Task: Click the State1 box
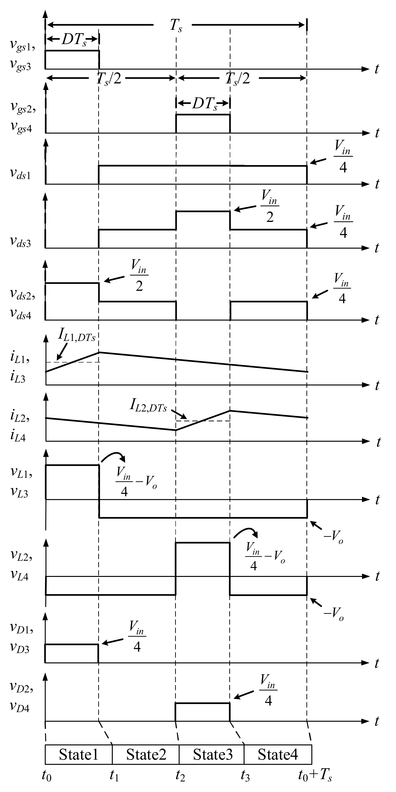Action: coord(79,755)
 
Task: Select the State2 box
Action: coord(146,755)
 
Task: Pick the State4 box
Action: coord(278,755)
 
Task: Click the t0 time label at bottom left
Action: coord(46,776)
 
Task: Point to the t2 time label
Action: coord(180,776)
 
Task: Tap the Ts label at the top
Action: coord(176,25)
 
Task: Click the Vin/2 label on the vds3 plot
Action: coord(270,206)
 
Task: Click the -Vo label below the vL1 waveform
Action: coord(333,537)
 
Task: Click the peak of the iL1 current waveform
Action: coord(99,352)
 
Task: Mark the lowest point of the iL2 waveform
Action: coord(176,430)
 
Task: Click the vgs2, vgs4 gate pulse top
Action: coord(203,115)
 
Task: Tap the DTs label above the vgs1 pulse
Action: coord(74,39)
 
